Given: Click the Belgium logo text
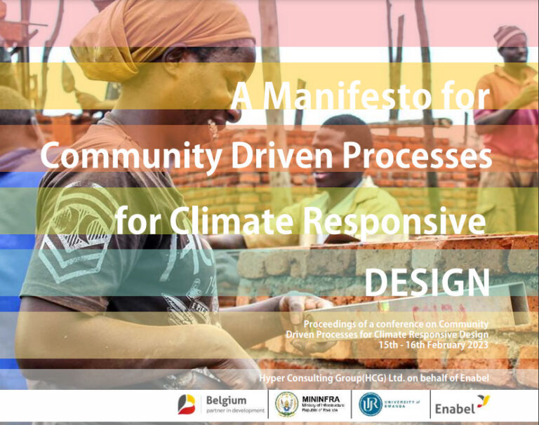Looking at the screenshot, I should (x=226, y=400).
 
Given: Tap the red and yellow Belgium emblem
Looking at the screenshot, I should (x=187, y=405).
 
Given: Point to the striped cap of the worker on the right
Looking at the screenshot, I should (x=510, y=35).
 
